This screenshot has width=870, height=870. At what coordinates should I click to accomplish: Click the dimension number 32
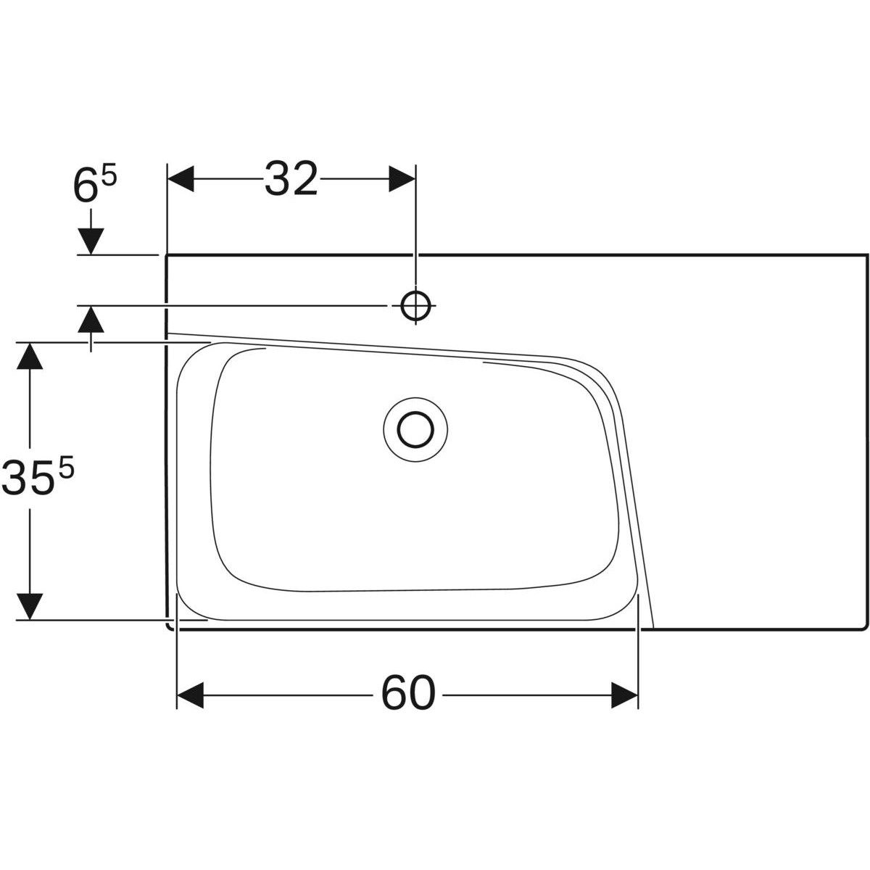coord(291,179)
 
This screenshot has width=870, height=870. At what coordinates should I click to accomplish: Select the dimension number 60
coord(408,694)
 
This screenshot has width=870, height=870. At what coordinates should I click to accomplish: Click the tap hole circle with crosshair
coord(415,305)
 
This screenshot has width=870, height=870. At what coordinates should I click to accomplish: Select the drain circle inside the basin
coord(415,428)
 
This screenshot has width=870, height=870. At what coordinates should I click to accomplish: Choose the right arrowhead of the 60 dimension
coord(624,695)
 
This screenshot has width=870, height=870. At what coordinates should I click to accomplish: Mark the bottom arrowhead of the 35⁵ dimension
coord(29,606)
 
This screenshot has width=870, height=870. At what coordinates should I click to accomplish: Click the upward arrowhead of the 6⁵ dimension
coord(91,319)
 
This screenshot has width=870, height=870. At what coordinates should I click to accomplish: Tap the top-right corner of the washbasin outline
coord(866,255)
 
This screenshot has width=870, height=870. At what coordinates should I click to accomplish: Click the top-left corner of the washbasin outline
coord(167,255)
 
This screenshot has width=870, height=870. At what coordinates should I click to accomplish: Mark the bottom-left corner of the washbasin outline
coord(170,627)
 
